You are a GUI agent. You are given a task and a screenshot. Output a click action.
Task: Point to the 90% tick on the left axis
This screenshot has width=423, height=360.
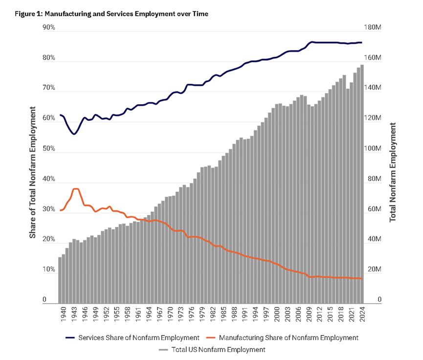pos(48,28)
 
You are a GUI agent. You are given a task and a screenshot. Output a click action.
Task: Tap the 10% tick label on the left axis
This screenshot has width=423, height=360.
pos(48,270)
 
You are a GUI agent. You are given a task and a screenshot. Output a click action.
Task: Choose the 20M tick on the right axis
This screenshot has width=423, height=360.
pos(373,270)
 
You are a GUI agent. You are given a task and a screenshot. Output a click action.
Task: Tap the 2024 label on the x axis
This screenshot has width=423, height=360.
pos(362,315)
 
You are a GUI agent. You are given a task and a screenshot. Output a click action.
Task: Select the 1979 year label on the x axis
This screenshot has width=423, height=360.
pos(200,315)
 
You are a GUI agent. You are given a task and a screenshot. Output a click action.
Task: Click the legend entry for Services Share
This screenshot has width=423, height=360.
pos(132,337)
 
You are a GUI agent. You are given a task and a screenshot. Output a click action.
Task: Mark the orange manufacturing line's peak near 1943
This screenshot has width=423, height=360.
pos(76,189)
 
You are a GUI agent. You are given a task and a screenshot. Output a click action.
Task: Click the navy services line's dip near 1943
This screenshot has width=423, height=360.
pos(74,134)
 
